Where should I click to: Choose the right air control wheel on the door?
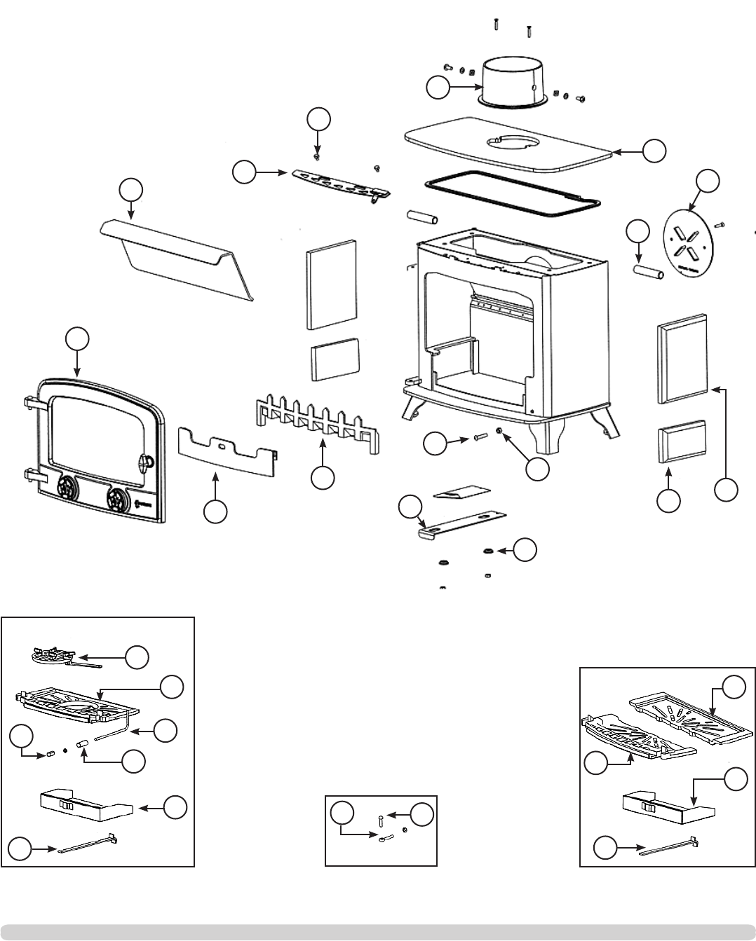(119, 500)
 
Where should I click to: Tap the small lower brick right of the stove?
(681, 441)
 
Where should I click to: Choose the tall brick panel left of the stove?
(331, 285)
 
